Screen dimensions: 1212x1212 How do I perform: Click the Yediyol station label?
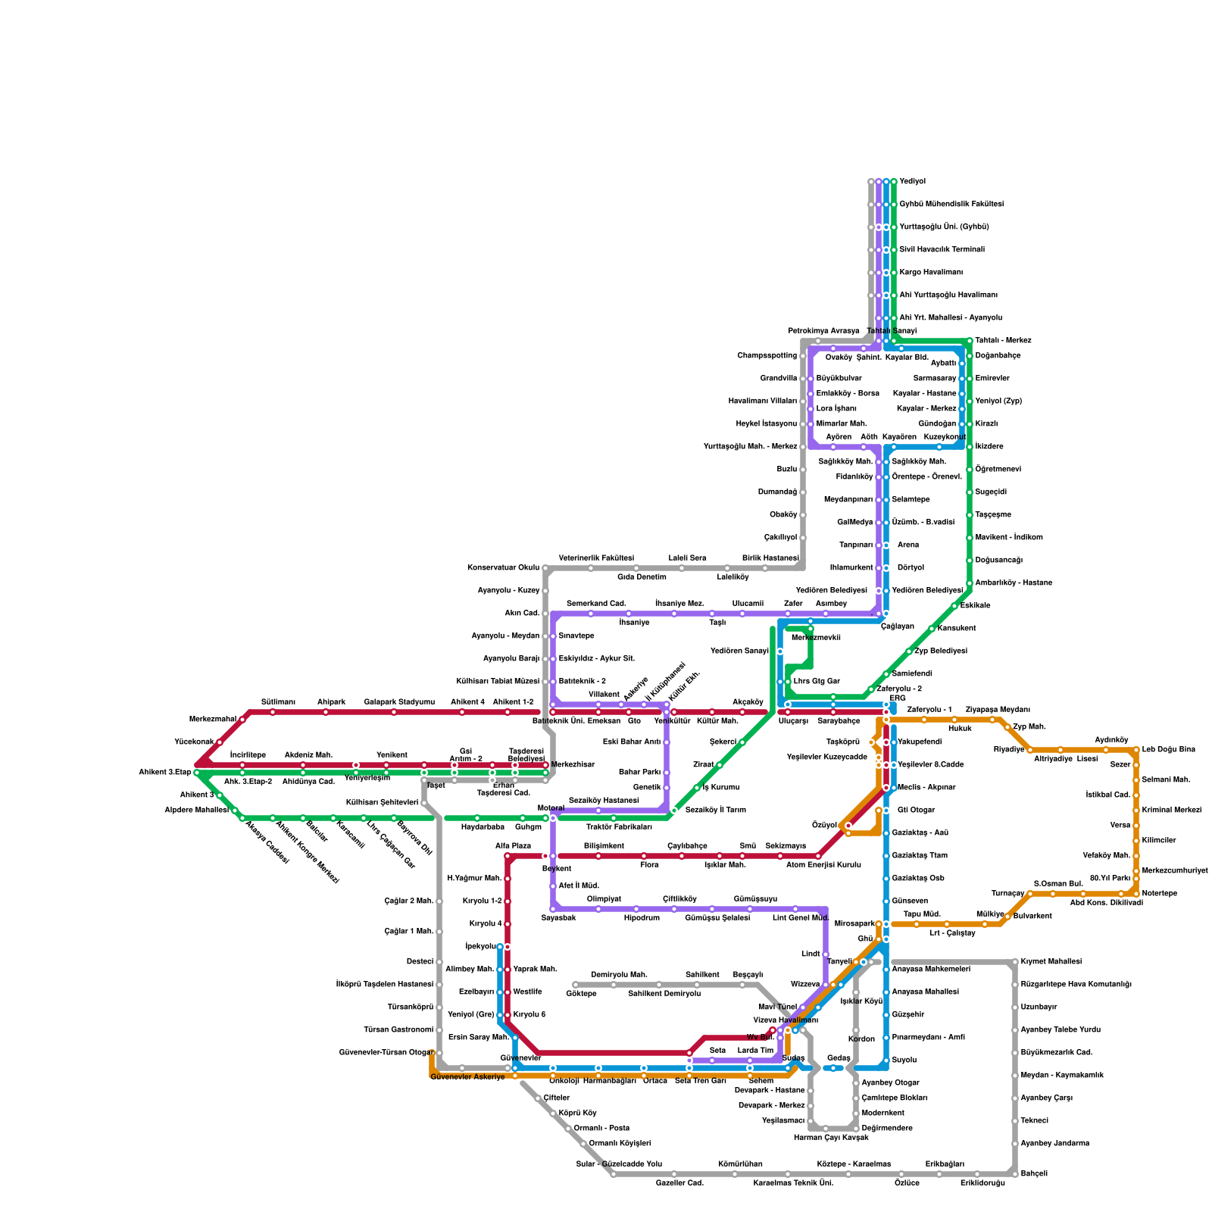click(x=912, y=182)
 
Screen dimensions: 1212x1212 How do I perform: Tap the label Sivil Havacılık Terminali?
click(x=942, y=250)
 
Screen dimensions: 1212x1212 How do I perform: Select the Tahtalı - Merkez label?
click(x=1002, y=341)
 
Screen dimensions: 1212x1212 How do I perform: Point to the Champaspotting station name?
click(x=767, y=356)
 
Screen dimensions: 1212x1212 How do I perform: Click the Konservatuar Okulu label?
click(x=503, y=568)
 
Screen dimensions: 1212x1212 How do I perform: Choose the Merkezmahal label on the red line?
click(x=212, y=720)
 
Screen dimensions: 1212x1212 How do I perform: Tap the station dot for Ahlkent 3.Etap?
click(x=197, y=773)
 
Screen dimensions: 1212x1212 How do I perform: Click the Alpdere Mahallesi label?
click(x=196, y=811)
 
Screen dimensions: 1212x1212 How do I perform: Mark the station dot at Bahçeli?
click(x=1015, y=1173)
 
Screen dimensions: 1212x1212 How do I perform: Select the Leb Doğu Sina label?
click(x=1168, y=750)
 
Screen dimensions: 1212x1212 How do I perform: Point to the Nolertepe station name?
click(x=1159, y=894)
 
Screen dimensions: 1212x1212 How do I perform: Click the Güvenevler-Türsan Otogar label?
click(x=386, y=1053)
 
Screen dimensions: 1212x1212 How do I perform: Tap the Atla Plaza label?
click(x=513, y=846)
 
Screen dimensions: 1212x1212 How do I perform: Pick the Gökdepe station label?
click(x=581, y=994)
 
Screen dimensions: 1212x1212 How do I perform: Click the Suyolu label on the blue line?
click(x=904, y=1060)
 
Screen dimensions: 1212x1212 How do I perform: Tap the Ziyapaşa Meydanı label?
click(x=998, y=710)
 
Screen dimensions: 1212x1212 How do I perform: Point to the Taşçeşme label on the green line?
click(x=992, y=515)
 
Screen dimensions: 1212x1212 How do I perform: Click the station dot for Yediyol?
click(x=894, y=182)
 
